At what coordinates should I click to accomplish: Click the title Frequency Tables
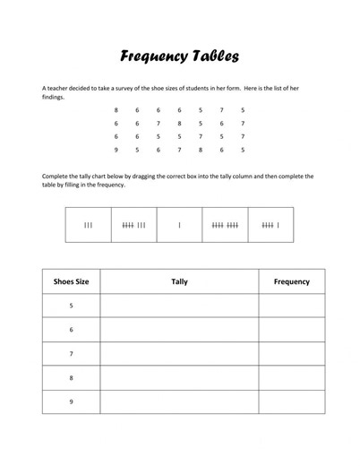(x=179, y=57)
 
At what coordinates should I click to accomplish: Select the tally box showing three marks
(x=88, y=225)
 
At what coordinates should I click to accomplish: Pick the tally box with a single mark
(x=179, y=225)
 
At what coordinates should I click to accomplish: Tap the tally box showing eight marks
(x=133, y=225)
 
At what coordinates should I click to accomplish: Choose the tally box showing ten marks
(x=225, y=225)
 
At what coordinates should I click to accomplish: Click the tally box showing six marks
(x=270, y=225)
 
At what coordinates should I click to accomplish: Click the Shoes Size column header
(x=71, y=281)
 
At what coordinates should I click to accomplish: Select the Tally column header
(x=179, y=281)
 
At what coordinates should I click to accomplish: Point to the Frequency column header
(x=291, y=281)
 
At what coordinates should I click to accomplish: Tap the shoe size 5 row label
(x=71, y=306)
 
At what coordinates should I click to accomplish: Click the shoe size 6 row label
(x=71, y=330)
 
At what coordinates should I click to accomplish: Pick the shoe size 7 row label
(x=71, y=354)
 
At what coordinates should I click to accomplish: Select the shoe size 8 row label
(x=71, y=378)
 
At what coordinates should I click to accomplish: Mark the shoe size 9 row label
(x=71, y=402)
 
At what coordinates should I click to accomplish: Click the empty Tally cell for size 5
(x=179, y=306)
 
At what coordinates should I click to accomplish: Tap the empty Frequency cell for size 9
(x=291, y=402)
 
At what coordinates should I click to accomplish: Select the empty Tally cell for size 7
(x=179, y=354)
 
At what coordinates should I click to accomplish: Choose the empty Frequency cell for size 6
(x=291, y=330)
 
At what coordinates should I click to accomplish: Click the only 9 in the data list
(x=116, y=150)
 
